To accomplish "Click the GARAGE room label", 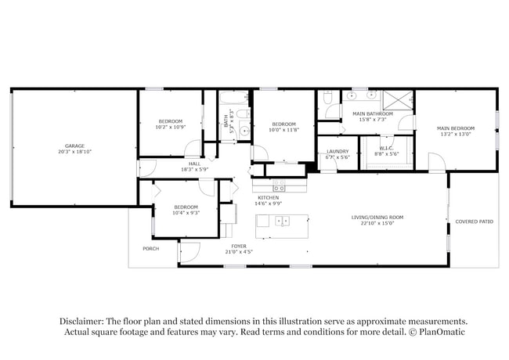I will [75, 146].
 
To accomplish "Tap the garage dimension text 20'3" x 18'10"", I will [75, 152].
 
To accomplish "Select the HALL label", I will [193, 164].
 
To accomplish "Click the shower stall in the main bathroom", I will [397, 100].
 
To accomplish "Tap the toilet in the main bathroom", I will [328, 97].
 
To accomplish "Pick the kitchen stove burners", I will [279, 186].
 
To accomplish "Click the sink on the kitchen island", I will [281, 221].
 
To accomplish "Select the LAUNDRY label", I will [338, 151].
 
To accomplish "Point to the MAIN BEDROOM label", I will [455, 128].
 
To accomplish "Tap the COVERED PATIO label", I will [474, 221].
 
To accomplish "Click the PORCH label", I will [150, 249].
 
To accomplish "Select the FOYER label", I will [238, 246].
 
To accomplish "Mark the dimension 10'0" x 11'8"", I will [283, 130].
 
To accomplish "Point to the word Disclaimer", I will [81, 322].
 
